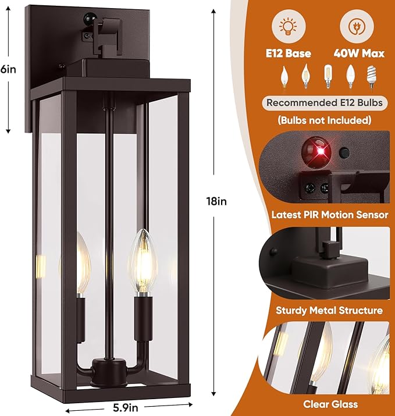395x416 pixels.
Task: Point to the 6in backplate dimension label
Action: point(8,68)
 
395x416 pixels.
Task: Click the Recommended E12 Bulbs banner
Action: point(325,104)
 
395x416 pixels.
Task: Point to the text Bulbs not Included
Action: point(325,120)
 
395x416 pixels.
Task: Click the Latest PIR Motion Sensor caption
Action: point(330,215)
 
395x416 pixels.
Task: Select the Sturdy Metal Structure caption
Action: point(330,310)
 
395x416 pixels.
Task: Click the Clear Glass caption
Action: point(330,404)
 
